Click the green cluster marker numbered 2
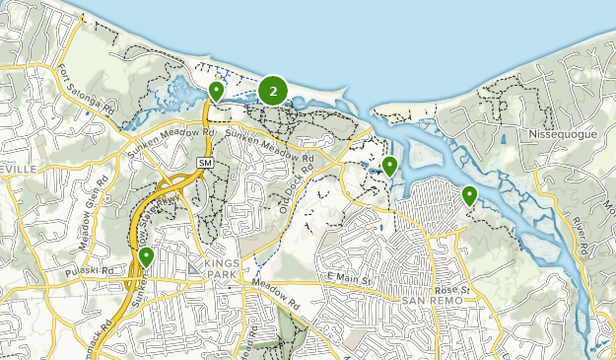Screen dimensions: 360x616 click(273, 91)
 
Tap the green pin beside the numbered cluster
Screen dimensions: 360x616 click(217, 92)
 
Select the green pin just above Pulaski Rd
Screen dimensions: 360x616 click(147, 257)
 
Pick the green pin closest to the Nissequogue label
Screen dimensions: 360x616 click(469, 196)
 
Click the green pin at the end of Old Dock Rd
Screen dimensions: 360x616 click(390, 166)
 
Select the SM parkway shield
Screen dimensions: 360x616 click(205, 162)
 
